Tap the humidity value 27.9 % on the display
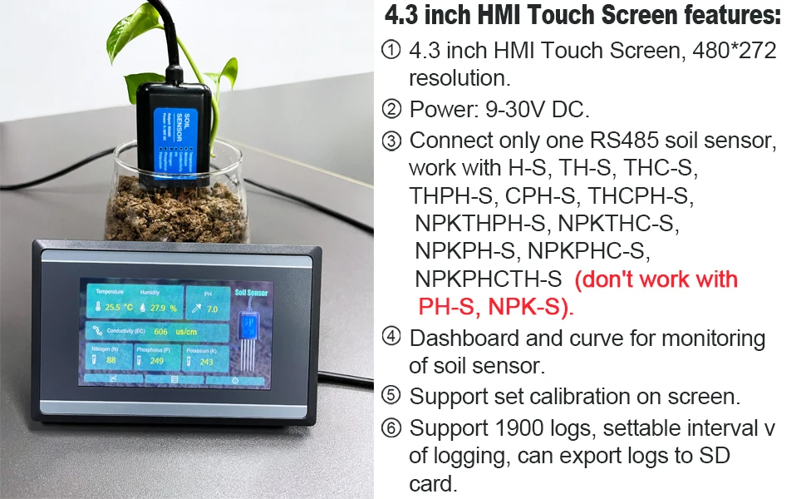(164, 308)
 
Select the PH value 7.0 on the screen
(212, 309)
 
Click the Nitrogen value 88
(111, 361)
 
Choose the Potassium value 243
(207, 361)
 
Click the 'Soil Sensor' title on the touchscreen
(251, 292)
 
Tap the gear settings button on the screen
(235, 379)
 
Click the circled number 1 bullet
(391, 52)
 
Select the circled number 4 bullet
(391, 338)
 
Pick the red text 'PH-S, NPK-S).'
(495, 308)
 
